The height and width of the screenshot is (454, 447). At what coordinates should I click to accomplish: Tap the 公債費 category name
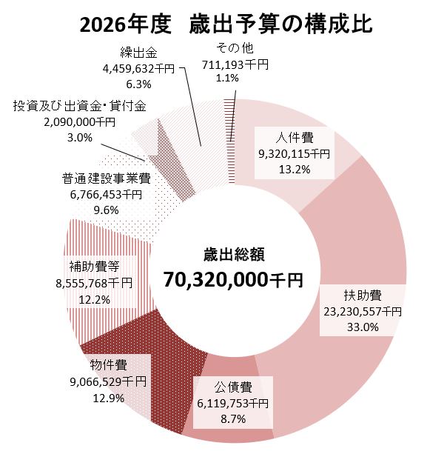click(233, 387)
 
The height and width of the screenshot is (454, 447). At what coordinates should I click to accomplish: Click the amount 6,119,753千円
click(233, 402)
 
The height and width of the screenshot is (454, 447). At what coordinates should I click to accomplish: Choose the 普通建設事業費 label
click(107, 178)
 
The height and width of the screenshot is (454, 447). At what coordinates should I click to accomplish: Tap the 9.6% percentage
click(107, 210)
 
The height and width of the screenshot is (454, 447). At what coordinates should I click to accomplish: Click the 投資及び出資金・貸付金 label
click(80, 107)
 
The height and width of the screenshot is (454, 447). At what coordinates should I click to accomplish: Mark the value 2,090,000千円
click(80, 122)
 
